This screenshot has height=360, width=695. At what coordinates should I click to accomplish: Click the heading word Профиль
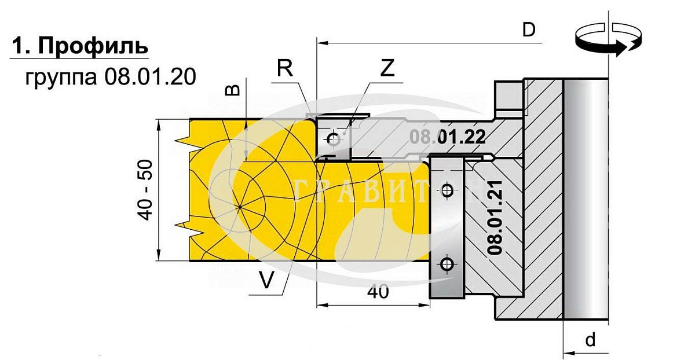(x=93, y=46)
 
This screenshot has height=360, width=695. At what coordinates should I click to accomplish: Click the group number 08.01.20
(x=151, y=77)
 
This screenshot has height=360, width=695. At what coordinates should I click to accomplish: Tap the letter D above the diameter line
(x=529, y=30)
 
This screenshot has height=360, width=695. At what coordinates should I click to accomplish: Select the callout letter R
(x=285, y=68)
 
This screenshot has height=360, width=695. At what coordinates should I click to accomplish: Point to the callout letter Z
(x=387, y=68)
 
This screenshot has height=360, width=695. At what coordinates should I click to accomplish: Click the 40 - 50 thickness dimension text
(x=145, y=190)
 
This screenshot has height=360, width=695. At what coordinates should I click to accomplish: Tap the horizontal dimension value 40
(x=378, y=292)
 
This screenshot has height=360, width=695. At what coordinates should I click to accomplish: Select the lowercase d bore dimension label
(x=590, y=340)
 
